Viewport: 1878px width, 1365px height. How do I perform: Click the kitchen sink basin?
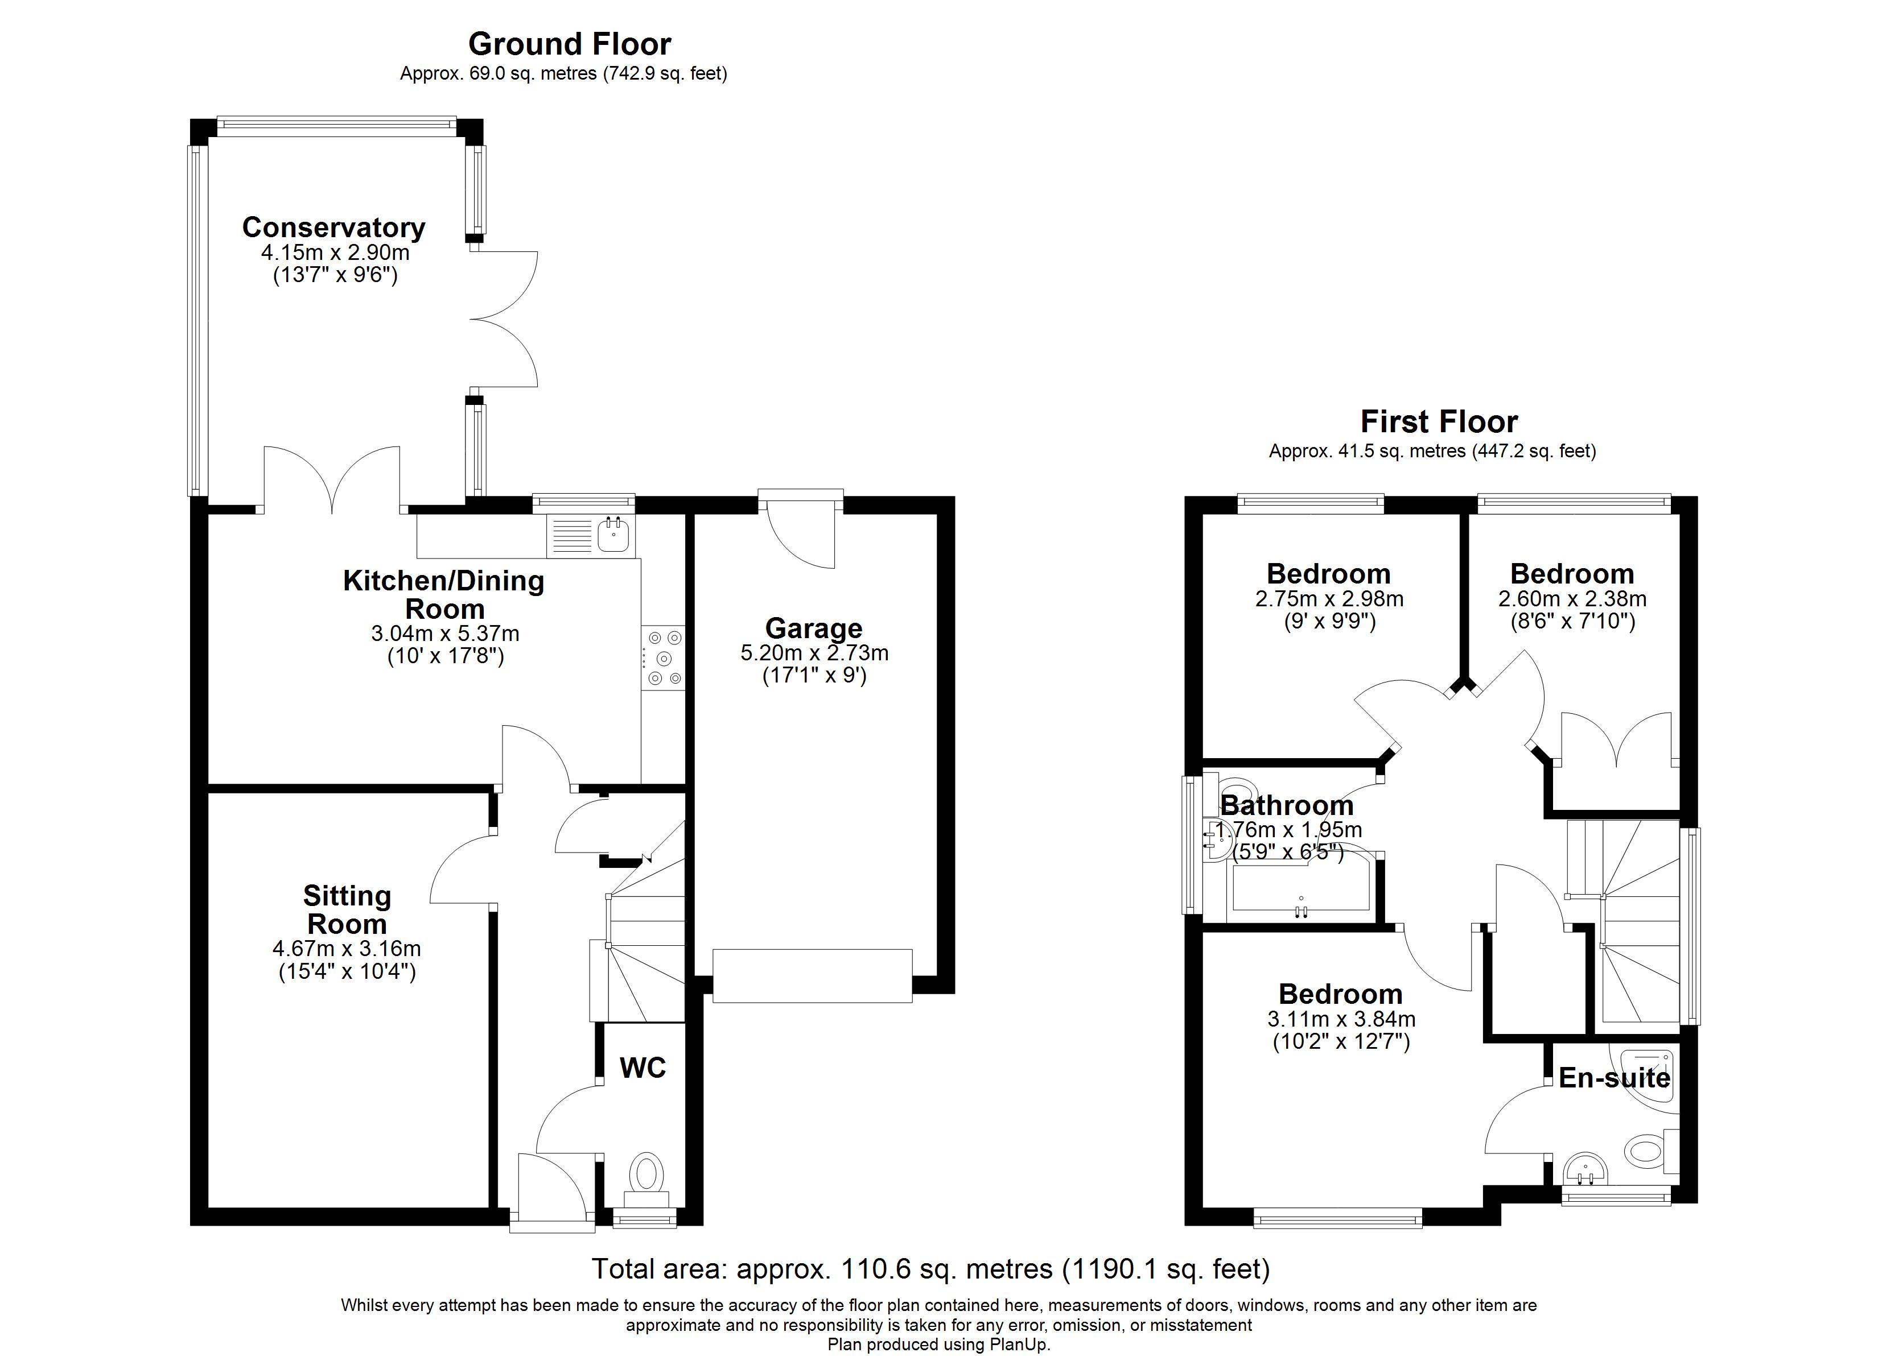click(613, 536)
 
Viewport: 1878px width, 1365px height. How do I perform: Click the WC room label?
click(643, 1068)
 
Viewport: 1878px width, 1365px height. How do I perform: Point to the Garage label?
click(813, 628)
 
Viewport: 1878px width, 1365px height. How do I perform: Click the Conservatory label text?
click(333, 227)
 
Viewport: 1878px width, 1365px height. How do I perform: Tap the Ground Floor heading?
click(570, 43)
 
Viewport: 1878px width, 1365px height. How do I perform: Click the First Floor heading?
click(1439, 422)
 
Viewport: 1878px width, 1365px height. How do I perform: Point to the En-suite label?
click(1614, 1078)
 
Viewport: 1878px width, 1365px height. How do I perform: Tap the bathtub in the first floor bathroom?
click(1301, 892)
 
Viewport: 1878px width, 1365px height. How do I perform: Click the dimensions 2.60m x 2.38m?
click(1572, 598)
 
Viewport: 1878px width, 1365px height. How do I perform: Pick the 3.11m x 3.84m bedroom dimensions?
click(1341, 1019)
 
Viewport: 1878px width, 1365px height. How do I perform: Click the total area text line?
click(930, 1268)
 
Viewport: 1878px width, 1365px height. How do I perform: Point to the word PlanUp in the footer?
click(1021, 1345)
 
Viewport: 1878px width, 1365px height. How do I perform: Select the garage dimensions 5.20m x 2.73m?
click(814, 653)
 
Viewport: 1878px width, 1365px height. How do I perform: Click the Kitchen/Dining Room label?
click(444, 594)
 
